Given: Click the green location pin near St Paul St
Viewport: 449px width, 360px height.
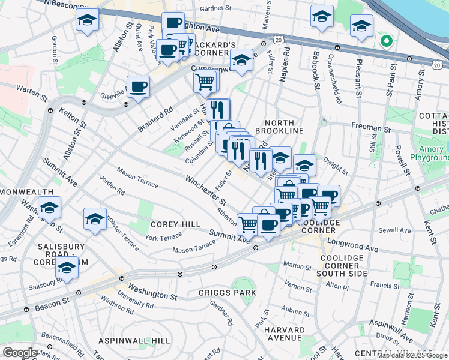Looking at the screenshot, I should click(x=386, y=42).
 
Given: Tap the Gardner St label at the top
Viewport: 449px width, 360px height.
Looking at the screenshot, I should click(x=216, y=9).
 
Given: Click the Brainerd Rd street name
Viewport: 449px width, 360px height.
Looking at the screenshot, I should click(x=155, y=119).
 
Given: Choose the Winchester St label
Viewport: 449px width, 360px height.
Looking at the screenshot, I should click(x=205, y=189).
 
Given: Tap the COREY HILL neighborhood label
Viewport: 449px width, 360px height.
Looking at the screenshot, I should click(x=175, y=224).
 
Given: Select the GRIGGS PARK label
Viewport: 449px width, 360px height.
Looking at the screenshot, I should click(x=228, y=293).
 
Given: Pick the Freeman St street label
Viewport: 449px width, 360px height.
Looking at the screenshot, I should click(x=370, y=128).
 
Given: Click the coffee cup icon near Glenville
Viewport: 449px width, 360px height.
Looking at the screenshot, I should click(x=138, y=86).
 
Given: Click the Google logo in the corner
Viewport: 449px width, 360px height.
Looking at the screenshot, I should click(x=20, y=353).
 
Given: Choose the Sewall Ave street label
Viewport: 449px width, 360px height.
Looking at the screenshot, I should click(x=394, y=230).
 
